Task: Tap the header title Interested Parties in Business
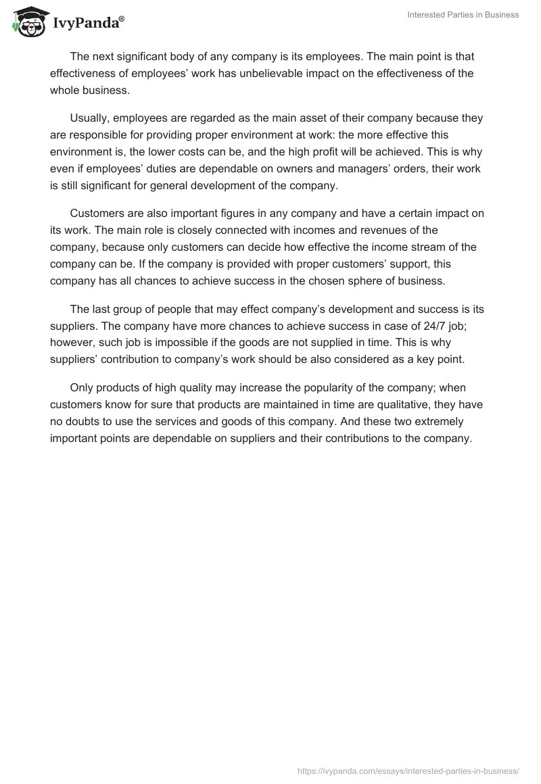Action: click(464, 15)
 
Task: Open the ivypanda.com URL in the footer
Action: click(408, 770)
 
